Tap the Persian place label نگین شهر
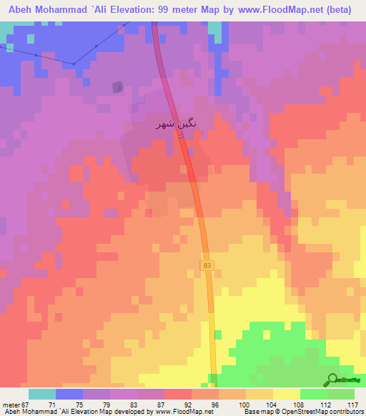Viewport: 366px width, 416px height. tap(175, 124)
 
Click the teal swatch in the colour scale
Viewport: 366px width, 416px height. tap(42, 394)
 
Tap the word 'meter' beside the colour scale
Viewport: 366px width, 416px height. tap(11, 405)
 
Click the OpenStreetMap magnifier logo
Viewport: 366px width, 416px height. tap(332, 380)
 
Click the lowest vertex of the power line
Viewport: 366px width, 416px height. tap(74, 64)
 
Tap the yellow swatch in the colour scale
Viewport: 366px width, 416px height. tap(287, 394)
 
